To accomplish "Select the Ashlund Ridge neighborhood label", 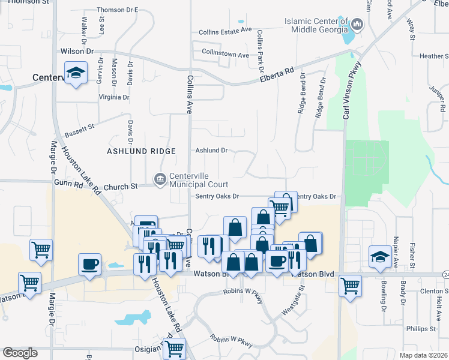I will (141, 151).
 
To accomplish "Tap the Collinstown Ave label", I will (225, 55).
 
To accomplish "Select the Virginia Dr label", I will (114, 97).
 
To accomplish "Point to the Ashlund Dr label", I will (212, 151).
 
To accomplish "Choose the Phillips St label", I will (421, 329).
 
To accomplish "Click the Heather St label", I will (433, 56).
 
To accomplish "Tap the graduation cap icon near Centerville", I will (76, 73).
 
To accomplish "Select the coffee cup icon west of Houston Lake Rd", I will (90, 265).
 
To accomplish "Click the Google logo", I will (20, 353).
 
